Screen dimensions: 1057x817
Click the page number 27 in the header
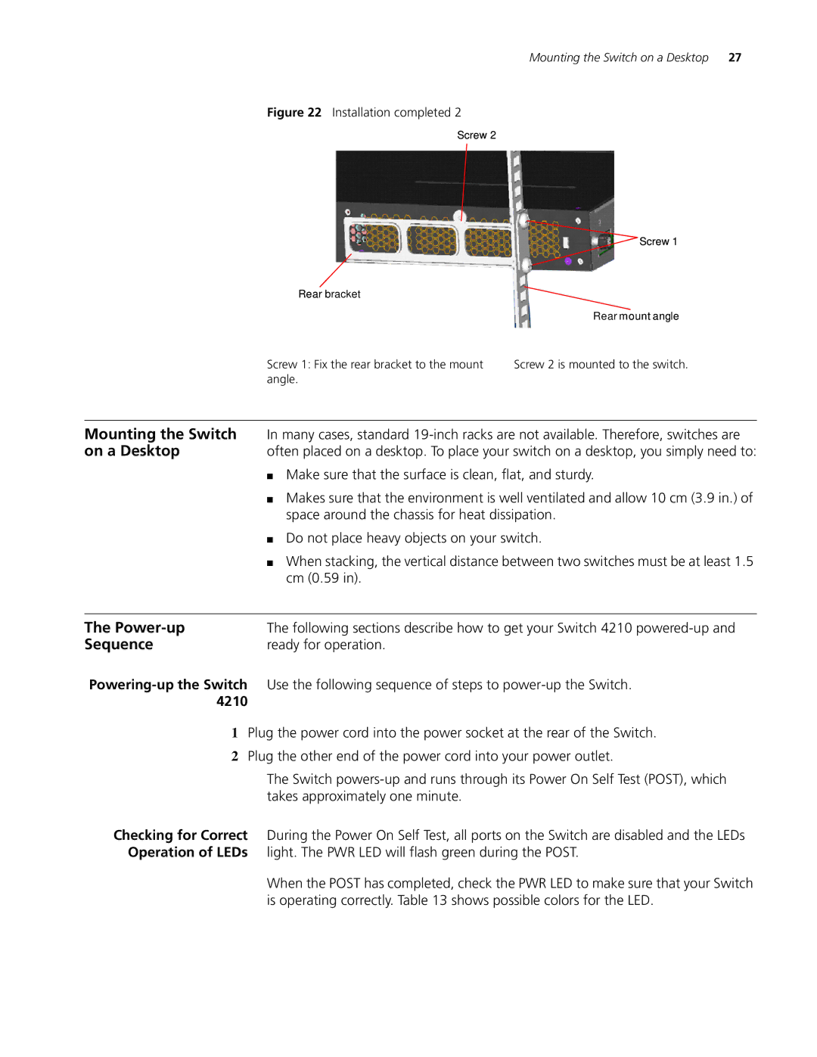735,58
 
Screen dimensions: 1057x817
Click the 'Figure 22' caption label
294,113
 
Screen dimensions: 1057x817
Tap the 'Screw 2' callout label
477,135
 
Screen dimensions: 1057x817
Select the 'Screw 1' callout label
658,241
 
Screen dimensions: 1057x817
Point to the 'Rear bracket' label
329,294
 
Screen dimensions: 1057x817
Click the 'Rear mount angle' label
635,316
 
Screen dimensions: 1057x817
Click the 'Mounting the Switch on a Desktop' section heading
160,443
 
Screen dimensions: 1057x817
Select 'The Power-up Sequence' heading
135,636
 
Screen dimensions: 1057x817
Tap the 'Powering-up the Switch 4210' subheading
168,693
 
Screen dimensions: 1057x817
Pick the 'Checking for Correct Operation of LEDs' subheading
181,844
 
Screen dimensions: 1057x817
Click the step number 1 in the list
235,733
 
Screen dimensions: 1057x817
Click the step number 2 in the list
235,757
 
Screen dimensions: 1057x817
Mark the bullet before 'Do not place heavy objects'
270,539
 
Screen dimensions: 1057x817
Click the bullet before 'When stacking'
270,563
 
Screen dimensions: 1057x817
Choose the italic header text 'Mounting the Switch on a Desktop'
619,58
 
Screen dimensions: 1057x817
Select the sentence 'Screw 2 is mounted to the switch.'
601,365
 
